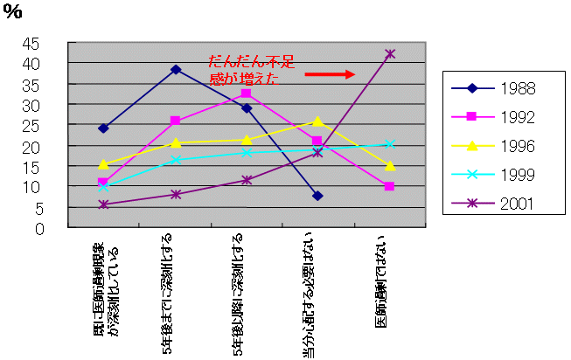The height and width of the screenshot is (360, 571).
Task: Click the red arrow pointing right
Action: [330, 75]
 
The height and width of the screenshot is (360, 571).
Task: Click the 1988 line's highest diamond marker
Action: [176, 69]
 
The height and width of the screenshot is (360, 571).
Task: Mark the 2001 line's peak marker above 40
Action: [389, 54]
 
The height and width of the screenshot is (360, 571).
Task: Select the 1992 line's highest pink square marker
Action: [247, 93]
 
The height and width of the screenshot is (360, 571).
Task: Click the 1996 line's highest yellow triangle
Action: [317, 121]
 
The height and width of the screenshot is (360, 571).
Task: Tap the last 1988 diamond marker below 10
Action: [317, 196]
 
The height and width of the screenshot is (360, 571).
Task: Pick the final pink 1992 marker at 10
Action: [389, 186]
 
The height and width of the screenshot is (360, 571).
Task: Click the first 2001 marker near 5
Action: [104, 204]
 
